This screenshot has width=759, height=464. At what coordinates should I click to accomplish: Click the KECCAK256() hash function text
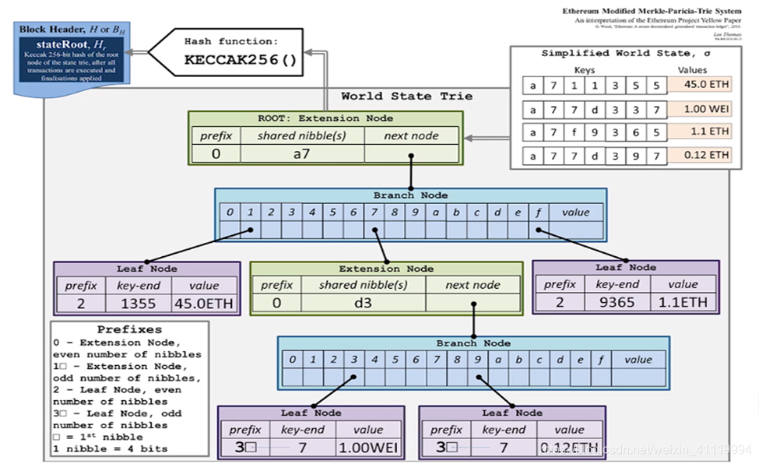241,59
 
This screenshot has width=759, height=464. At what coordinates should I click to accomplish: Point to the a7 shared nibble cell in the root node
302,153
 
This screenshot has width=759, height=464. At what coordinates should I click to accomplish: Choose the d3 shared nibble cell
363,303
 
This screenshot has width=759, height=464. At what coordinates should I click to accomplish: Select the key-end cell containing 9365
617,302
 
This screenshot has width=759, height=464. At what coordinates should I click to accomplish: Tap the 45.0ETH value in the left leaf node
204,303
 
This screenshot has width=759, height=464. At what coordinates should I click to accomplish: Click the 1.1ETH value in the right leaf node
683,302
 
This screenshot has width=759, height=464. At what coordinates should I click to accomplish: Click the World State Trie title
406,96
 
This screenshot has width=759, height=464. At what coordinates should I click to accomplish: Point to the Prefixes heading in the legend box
129,329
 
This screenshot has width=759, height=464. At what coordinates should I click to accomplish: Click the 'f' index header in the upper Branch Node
538,212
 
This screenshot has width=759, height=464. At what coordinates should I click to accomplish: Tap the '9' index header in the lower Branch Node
476,359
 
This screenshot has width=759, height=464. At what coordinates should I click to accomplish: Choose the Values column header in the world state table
692,70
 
